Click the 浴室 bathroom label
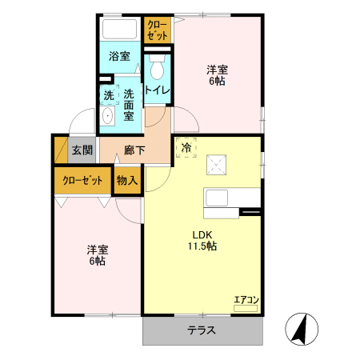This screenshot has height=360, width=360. [x=119, y=57]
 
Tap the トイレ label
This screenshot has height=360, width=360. [x=157, y=90]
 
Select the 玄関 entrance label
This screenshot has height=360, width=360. [x=82, y=150]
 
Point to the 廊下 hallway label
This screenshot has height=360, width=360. [x=134, y=150]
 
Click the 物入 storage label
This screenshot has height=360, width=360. [x=127, y=181]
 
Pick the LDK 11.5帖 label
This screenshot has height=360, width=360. [x=202, y=241]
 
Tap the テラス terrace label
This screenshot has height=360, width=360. [x=202, y=330]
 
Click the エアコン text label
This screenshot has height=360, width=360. [x=246, y=300]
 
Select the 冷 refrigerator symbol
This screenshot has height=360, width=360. [x=186, y=147]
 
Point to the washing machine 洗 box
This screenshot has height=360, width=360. [x=109, y=95]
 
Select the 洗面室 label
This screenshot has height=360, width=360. [x=128, y=105]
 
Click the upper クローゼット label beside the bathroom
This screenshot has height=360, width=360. [x=157, y=30]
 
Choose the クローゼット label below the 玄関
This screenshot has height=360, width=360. [x=82, y=181]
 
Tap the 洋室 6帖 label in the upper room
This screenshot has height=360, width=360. [x=217, y=75]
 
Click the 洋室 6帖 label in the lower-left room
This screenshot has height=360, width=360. [x=97, y=255]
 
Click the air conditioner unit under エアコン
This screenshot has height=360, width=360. [x=246, y=309]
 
